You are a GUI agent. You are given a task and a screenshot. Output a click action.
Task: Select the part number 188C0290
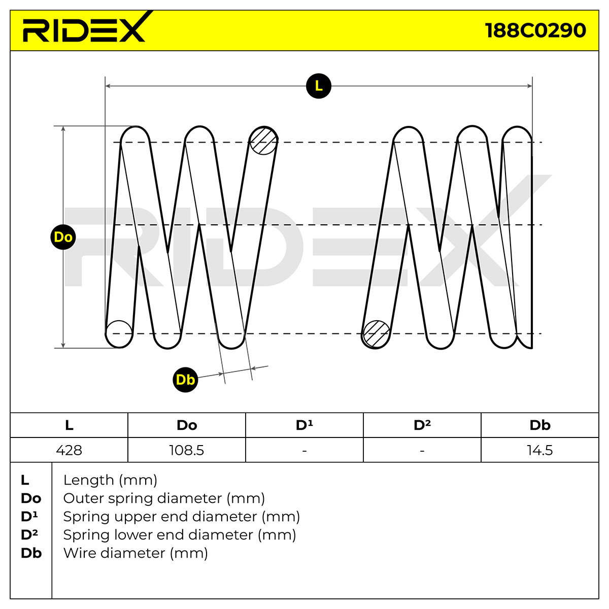click(535, 30)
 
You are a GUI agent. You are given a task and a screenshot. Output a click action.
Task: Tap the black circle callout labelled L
click(319, 86)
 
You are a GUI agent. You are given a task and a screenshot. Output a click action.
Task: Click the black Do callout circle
click(63, 237)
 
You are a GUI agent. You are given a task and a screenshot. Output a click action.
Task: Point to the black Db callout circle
click(185, 380)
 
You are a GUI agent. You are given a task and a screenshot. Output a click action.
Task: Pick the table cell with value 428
click(69, 450)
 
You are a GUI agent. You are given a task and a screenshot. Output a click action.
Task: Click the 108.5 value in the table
click(186, 450)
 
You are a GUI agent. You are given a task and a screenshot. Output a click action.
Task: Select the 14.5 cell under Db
click(540, 450)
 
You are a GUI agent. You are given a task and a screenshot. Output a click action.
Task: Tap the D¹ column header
click(304, 425)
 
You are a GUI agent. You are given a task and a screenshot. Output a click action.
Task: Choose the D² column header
click(422, 425)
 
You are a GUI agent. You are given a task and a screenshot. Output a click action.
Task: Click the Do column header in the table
click(187, 425)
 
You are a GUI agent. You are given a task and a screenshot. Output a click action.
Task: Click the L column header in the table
click(69, 425)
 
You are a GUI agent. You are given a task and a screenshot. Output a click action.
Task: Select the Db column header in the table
click(540, 425)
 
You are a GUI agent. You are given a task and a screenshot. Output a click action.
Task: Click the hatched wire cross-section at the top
click(263, 141)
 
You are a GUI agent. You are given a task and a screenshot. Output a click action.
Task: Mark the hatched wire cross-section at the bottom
click(376, 334)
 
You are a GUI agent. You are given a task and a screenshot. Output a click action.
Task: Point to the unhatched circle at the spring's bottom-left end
click(119, 334)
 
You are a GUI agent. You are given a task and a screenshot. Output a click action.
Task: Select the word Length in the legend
click(88, 481)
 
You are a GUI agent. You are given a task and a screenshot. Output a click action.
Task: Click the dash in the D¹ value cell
click(304, 451)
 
